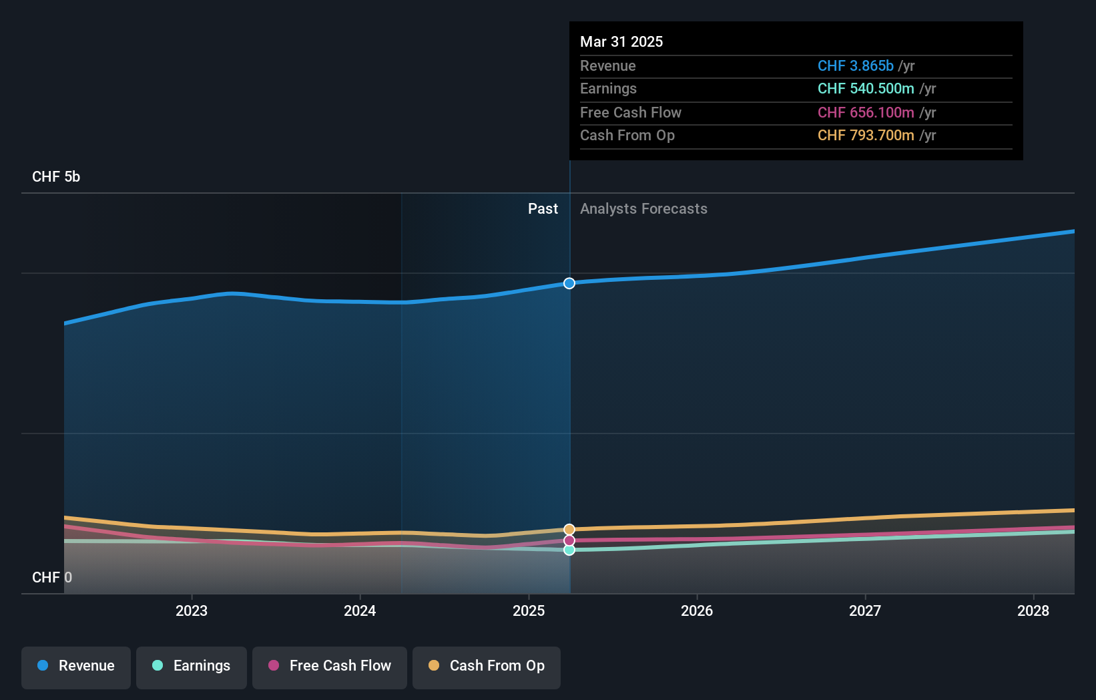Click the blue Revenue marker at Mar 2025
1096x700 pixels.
569,283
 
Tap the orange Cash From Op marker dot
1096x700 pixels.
569,530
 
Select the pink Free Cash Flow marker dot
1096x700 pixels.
569,540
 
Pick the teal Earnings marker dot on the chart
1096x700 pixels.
569,550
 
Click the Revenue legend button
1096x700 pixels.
76,666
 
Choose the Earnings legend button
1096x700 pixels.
192,666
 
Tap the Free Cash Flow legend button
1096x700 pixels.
330,666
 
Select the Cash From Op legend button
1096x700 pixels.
487,666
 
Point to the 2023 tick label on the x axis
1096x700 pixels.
192,610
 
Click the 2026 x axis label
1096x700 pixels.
697,610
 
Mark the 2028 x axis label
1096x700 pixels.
1033,610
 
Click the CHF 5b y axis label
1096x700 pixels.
56,177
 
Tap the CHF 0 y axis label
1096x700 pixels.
51,577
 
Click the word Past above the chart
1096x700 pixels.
543,209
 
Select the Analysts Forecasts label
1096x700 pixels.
643,209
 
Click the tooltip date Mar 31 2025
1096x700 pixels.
621,41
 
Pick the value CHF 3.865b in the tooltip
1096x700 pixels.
855,65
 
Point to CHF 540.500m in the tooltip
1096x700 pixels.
866,88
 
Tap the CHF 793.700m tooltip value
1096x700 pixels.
866,135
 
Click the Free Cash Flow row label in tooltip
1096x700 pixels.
631,112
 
